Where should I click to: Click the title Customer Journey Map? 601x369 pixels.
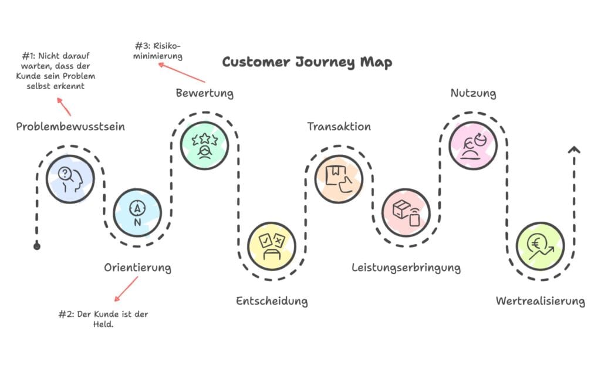[x=307, y=62]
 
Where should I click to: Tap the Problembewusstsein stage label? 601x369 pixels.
[x=70, y=127]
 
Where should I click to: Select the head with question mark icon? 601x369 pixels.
[x=70, y=179]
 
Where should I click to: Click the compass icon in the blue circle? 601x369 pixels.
[x=137, y=212]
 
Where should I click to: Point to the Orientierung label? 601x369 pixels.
[x=138, y=268]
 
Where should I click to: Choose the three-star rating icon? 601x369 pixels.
[x=204, y=145]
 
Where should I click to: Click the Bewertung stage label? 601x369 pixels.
[x=205, y=93]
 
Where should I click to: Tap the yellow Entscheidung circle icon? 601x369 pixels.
[x=271, y=245]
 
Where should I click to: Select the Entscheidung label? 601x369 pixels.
[x=272, y=302]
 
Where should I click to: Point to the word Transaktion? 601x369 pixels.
[x=339, y=127]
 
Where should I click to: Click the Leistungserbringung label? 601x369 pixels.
[x=406, y=268]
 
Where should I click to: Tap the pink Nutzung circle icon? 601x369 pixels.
[x=472, y=145]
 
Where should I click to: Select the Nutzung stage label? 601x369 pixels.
[x=473, y=93]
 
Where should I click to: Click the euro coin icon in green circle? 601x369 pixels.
[x=540, y=245]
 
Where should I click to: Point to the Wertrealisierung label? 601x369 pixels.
[x=540, y=302]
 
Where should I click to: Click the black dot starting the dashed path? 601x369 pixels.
[x=37, y=246]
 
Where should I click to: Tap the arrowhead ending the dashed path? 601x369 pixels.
[x=574, y=150]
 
